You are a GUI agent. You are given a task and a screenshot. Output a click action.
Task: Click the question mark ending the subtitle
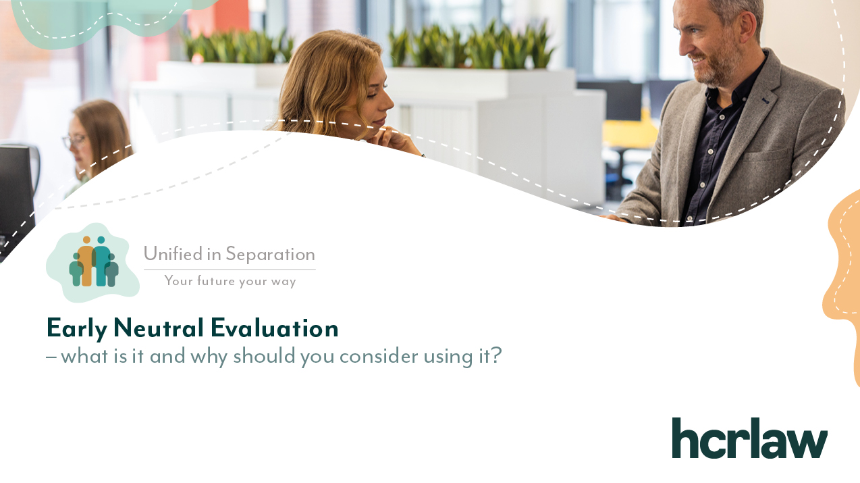click(x=496, y=355)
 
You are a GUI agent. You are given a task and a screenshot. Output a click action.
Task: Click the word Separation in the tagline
click(x=270, y=254)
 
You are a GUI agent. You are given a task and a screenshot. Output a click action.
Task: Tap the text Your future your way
click(x=230, y=281)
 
